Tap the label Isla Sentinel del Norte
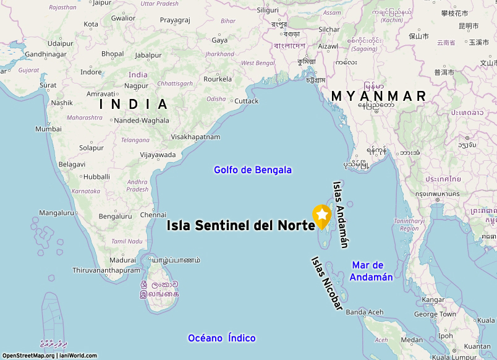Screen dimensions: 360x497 point(241,226)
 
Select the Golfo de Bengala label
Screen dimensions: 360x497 point(253,169)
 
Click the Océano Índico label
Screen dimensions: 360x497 point(222,338)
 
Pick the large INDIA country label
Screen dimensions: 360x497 point(134,104)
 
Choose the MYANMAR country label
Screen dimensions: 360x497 point(379,96)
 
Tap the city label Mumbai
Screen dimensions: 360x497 point(48,129)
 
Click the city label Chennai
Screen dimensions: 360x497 point(153,215)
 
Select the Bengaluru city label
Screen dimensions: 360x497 point(116,216)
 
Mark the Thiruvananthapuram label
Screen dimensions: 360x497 point(106,270)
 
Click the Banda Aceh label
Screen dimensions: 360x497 point(365,312)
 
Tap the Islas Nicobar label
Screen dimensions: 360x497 point(327,284)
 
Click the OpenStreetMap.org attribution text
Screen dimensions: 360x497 point(28,356)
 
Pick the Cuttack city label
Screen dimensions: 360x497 point(247,101)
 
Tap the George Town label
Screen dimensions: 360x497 point(435,314)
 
